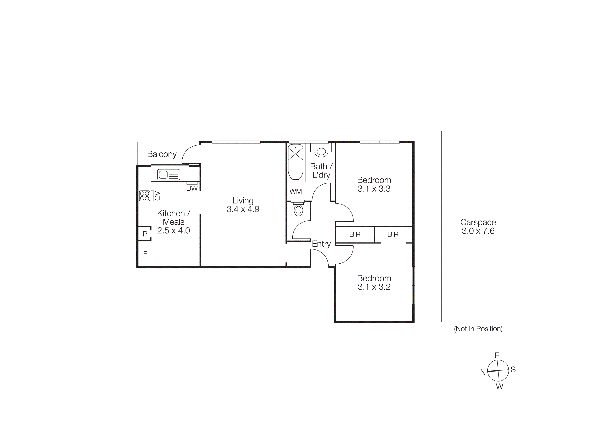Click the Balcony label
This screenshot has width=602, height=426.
[x=162, y=154]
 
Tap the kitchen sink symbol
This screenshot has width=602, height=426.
[x=169, y=175]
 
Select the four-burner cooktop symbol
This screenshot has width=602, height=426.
[x=144, y=196]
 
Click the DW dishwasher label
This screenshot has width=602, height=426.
[x=192, y=188]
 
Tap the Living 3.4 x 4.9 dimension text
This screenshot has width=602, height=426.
[x=243, y=209]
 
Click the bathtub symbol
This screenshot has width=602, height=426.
[x=296, y=162]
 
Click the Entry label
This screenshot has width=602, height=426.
[x=321, y=244]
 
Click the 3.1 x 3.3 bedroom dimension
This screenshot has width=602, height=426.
[x=374, y=189]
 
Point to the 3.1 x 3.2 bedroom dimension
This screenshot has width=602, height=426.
[x=374, y=287]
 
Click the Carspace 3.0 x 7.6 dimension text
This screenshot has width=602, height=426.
[x=478, y=231]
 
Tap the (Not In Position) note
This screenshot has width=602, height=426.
[x=478, y=329]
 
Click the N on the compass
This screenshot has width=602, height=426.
[x=483, y=372]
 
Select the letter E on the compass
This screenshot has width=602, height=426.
[x=497, y=355]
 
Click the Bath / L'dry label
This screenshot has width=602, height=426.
[x=321, y=171]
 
